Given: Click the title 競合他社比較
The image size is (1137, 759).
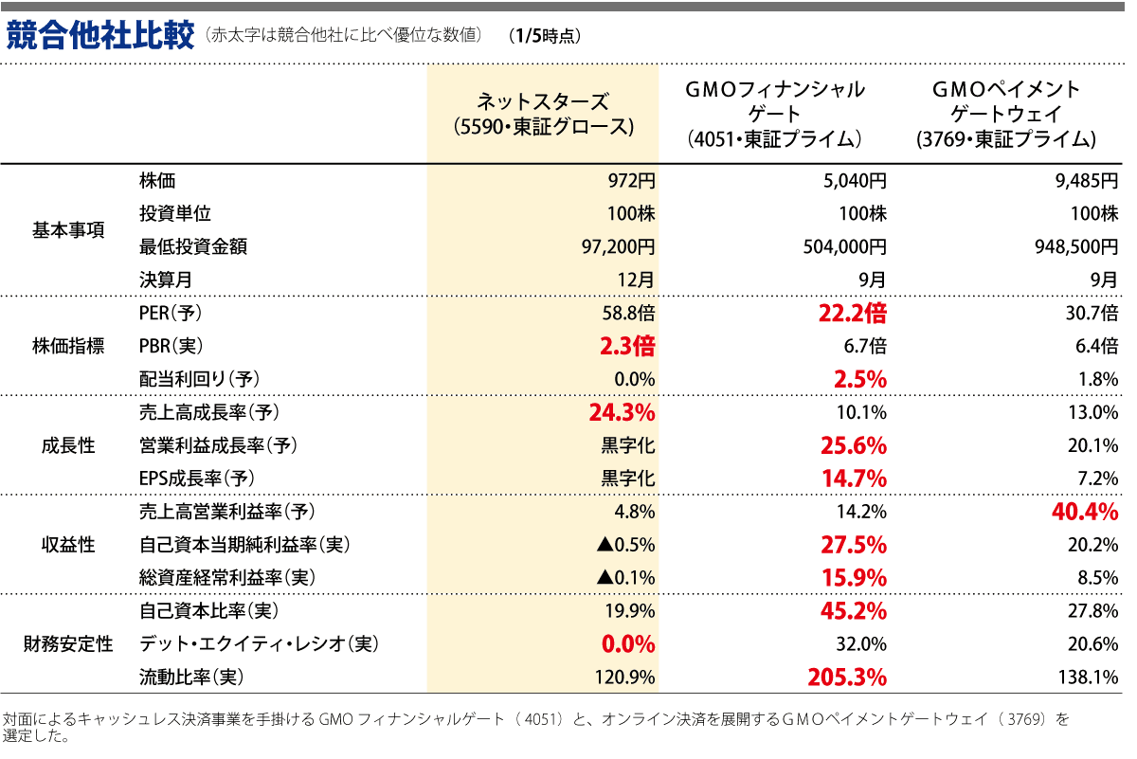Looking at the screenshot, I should click(x=99, y=36).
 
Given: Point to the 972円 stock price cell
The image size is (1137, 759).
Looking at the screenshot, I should click(x=631, y=181).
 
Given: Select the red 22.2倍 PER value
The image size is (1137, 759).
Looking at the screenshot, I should click(x=852, y=313).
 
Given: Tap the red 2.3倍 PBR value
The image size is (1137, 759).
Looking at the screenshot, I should click(x=626, y=346).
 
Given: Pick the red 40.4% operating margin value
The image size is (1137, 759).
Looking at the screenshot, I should click(x=1084, y=512).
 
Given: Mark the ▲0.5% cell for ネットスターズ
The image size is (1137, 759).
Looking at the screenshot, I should click(x=626, y=545).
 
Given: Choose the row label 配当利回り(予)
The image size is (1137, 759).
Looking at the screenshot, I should click(x=199, y=379).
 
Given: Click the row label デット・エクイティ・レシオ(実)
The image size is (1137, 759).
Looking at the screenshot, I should click(x=259, y=644).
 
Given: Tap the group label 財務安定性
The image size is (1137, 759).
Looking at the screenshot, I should click(x=68, y=644).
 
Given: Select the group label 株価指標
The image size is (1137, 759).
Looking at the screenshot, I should click(x=68, y=346).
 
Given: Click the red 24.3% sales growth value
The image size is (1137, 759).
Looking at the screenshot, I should click(x=622, y=412).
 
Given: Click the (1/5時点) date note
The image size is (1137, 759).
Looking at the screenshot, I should click(x=544, y=37).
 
